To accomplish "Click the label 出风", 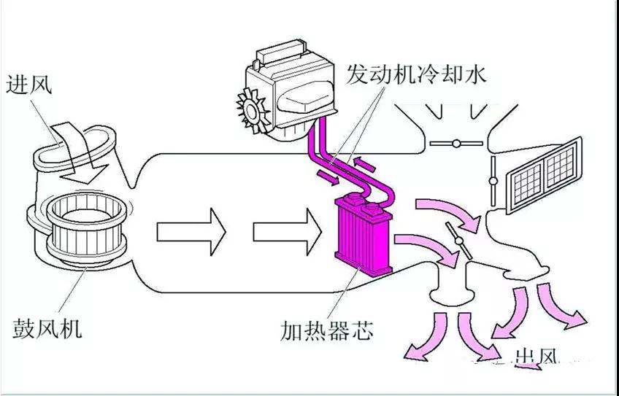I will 537,357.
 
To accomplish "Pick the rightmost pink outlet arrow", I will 563,307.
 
